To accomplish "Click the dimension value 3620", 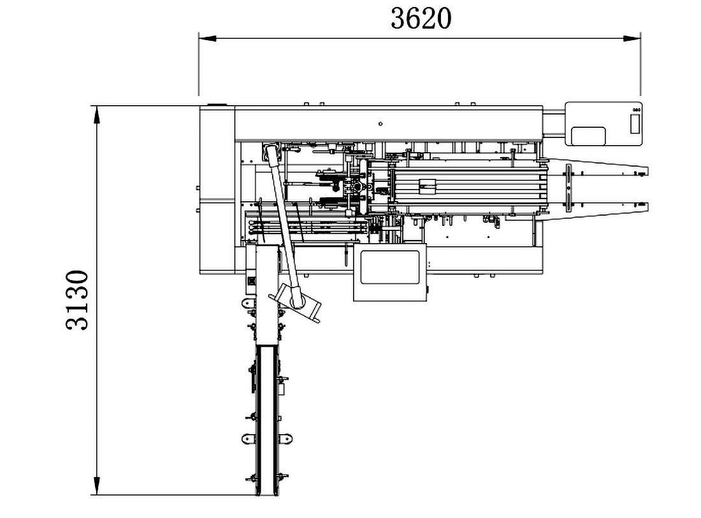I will [421, 18].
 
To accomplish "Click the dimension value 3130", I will [77, 300].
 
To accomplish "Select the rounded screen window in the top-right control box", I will [588, 136].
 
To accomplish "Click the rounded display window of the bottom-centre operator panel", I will [390, 267].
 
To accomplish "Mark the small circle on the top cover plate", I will [380, 123].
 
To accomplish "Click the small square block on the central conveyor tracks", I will [426, 187].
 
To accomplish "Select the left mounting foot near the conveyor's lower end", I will [249, 438].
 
